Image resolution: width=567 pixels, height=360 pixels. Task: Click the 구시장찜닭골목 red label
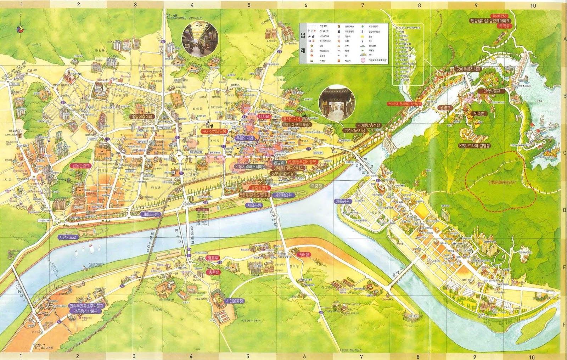214,131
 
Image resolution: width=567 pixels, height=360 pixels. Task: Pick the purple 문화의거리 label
245,138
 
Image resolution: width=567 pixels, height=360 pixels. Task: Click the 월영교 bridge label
445,107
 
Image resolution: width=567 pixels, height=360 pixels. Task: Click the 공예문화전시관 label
468,69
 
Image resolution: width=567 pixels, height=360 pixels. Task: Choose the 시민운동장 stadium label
235,301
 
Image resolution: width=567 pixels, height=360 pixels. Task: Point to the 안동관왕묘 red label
81,165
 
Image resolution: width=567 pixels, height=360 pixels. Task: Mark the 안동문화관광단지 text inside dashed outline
503,182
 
